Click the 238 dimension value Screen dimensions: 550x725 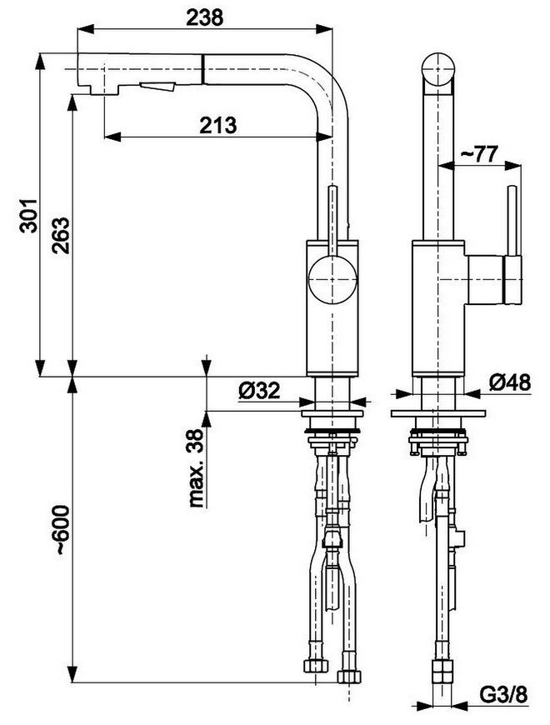(205, 17)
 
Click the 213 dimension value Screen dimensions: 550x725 (218, 125)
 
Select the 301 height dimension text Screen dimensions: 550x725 (28, 216)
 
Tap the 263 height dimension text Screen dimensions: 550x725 (61, 235)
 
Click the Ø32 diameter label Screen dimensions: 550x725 (259, 391)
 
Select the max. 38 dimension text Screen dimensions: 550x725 (197, 468)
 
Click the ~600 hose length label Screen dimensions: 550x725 (62, 530)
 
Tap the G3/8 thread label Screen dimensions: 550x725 (503, 694)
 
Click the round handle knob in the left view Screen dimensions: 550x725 (332, 280)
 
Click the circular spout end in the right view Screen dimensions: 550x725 (438, 69)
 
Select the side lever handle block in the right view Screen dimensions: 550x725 (494, 281)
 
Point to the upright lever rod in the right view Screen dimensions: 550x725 (513, 221)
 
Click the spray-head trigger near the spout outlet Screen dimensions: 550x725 (157, 86)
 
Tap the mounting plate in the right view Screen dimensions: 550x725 (438, 412)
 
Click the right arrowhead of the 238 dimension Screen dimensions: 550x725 (324, 28)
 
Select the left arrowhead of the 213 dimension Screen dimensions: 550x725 (112, 137)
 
